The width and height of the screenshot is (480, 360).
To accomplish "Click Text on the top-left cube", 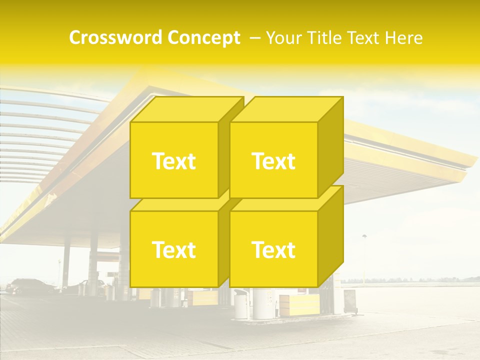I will (173, 161).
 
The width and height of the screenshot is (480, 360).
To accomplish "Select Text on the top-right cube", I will (273, 161).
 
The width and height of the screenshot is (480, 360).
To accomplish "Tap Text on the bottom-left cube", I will (173, 249).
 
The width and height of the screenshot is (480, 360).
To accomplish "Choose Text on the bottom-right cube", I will (273, 249).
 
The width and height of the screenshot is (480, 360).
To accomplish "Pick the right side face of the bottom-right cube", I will (331, 235).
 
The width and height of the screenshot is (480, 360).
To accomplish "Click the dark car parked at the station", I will (30, 286).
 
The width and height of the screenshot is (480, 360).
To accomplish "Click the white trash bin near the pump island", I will (240, 303).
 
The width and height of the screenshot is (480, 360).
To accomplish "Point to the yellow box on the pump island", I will (299, 304).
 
